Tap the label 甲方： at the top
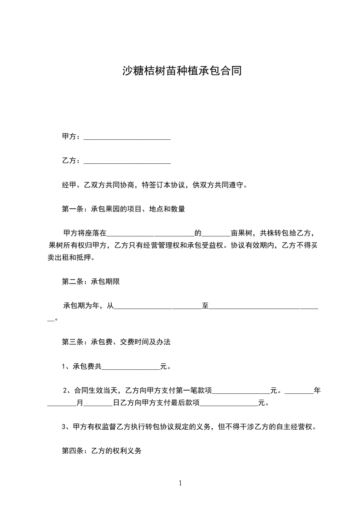(72, 137)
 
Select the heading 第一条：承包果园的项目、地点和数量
(123, 209)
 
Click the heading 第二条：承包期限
(91, 281)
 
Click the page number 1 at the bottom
(180, 483)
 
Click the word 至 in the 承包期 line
(205, 306)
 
